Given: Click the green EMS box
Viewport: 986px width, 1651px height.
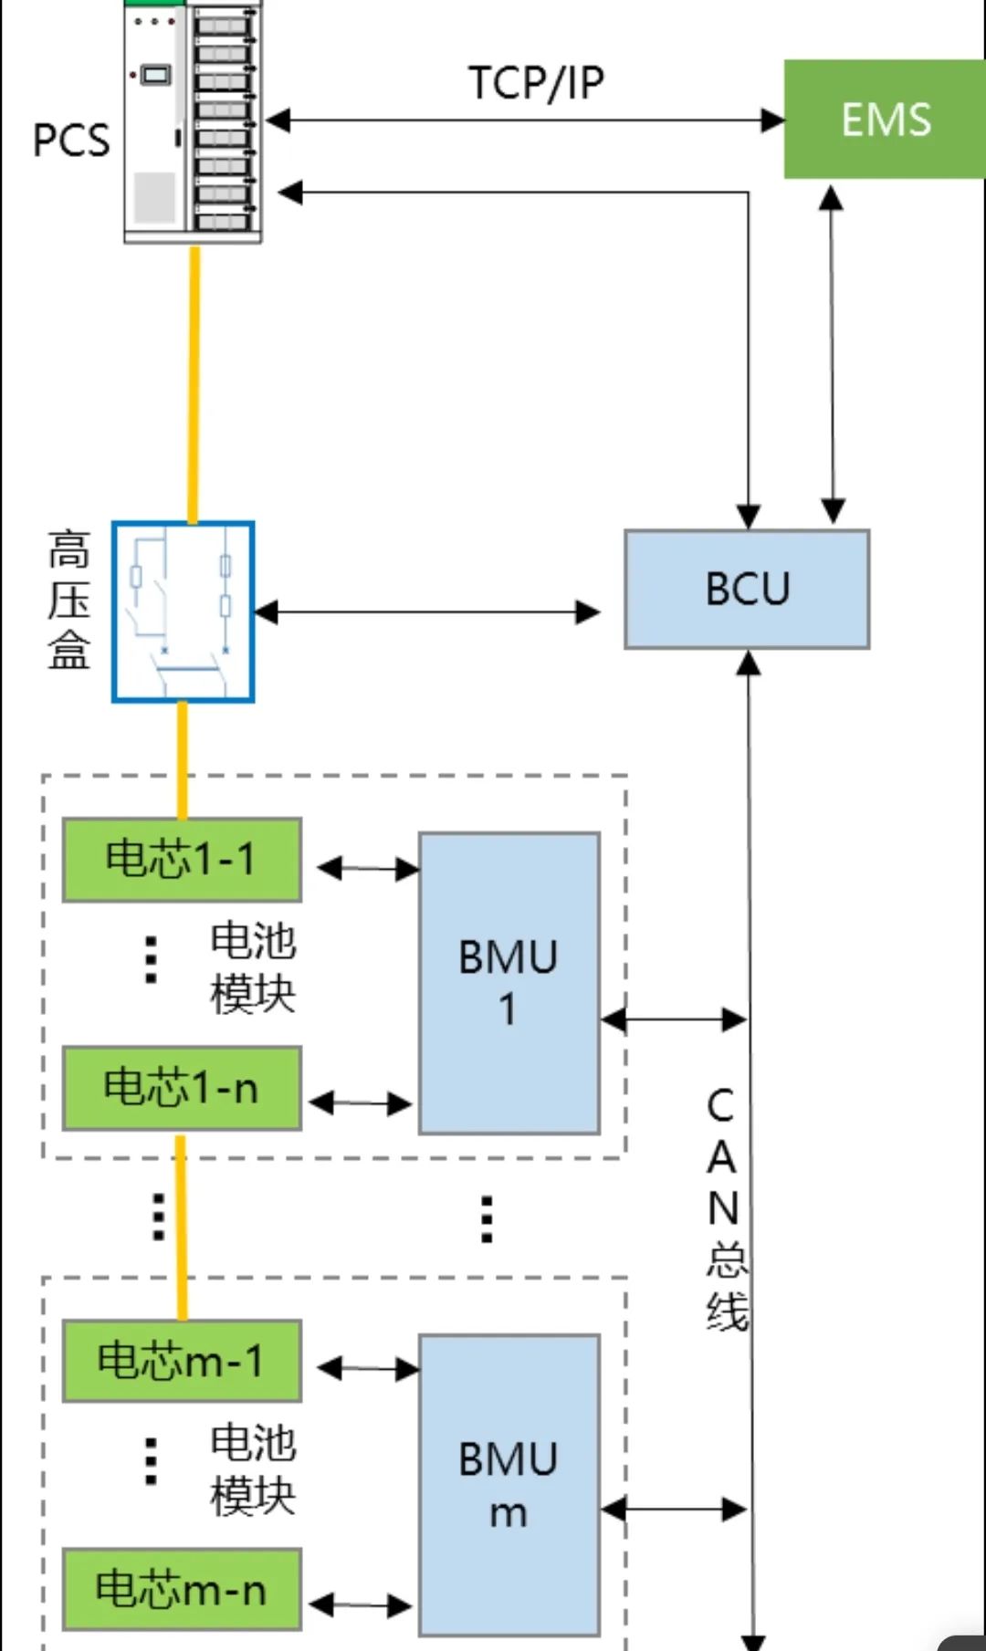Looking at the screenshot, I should coord(884,120).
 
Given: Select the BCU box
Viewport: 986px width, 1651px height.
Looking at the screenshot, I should coord(747,590).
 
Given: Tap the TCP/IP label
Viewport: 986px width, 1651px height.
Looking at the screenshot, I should coord(536,83).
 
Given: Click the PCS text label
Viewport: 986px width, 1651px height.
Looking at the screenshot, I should coord(70,141).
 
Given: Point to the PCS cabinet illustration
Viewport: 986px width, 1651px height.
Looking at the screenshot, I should coord(193,120).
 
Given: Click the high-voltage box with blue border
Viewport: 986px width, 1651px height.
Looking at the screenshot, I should coord(183,611).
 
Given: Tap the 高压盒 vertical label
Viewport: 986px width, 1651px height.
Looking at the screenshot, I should coord(69,601).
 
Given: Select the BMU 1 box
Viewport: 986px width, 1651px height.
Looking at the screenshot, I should coord(509,983).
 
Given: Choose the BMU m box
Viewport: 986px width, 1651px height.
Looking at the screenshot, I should coord(509,1485).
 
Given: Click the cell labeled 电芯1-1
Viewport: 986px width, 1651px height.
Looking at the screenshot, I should coord(181,860).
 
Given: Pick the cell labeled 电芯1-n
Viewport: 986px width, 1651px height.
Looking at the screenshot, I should coord(181,1088).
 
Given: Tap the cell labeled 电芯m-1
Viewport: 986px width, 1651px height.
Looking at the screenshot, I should coord(181,1361).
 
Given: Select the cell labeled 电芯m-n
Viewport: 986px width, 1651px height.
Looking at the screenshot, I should coord(181,1589).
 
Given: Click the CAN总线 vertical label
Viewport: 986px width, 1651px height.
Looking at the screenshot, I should coord(725,1208).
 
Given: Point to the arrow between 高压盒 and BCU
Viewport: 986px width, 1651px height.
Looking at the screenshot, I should coord(426,612).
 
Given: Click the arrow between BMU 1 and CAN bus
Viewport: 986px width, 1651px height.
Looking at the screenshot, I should coord(674,1019).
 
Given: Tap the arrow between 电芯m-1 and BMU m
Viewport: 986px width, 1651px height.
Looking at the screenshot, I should coord(368,1368).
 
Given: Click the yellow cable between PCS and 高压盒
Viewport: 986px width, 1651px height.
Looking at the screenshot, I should coord(194,383).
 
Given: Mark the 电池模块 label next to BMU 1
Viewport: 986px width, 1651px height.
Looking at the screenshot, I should coord(253,967).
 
